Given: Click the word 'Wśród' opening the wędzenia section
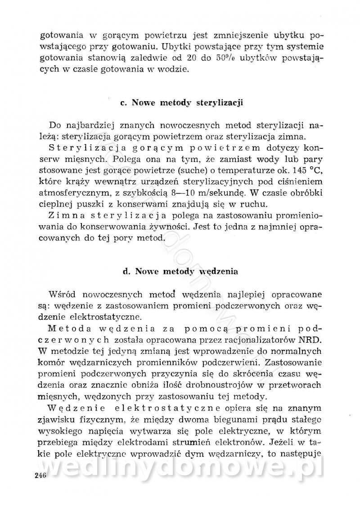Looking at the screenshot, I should click(x=63, y=295).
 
